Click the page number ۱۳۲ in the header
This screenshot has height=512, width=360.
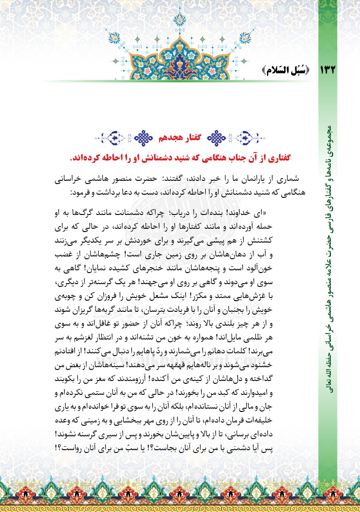[x=325, y=70]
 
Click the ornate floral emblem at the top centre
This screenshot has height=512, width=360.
[x=180, y=44]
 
